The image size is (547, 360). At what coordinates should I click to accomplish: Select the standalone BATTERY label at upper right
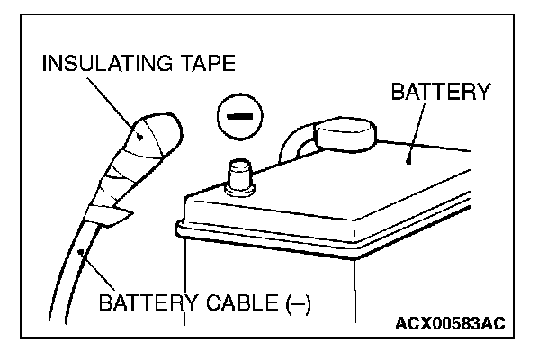440,91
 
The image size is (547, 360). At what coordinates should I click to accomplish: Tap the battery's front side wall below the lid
270,288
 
